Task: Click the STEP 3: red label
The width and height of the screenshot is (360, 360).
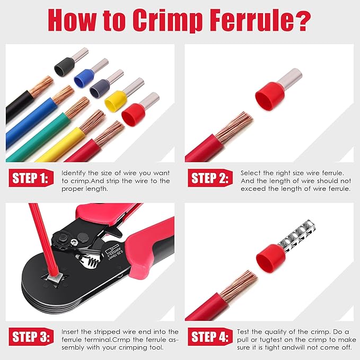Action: click(x=30, y=337)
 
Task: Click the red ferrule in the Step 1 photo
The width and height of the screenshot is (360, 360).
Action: click(x=133, y=113)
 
